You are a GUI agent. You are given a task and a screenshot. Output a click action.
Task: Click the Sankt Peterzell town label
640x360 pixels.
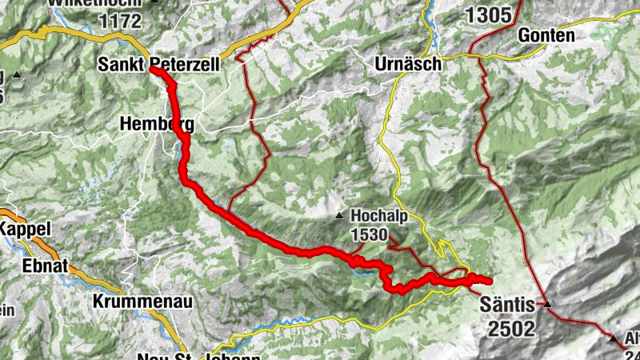[x=168, y=63]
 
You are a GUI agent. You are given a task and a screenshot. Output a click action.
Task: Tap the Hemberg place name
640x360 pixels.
[x=156, y=123]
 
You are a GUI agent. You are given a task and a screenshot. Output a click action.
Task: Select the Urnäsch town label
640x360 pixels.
[x=408, y=64]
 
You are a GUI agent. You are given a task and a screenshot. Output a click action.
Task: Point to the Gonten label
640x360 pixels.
[x=546, y=35]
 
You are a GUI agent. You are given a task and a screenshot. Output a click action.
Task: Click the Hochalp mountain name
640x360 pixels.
[x=374, y=216]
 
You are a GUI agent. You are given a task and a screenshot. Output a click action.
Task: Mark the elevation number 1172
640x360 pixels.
[x=118, y=20]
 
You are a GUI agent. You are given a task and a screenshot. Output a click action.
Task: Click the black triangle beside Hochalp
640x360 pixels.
[x=340, y=216]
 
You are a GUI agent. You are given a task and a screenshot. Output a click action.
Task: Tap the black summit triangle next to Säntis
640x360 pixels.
[x=547, y=304]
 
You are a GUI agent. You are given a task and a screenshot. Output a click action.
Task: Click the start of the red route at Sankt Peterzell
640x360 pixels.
[x=153, y=70]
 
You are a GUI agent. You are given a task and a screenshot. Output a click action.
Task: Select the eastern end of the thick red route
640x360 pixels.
[x=487, y=279]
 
